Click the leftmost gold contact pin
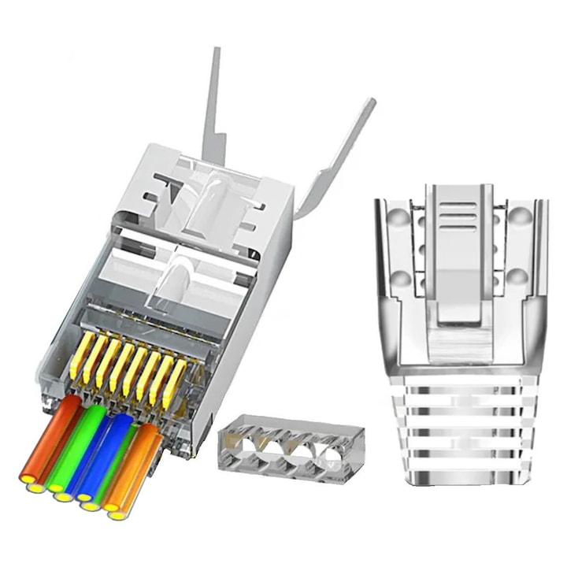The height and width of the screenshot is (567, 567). point(80,355)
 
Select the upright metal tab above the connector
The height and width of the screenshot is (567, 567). point(213,102)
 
